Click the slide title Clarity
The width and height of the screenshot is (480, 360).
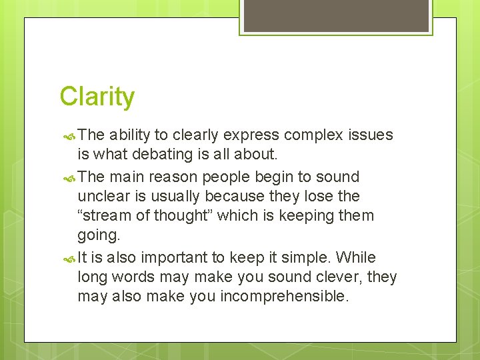[x=97, y=97]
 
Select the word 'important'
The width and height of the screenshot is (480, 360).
[x=171, y=258]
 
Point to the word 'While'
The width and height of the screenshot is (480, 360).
[x=356, y=257]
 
